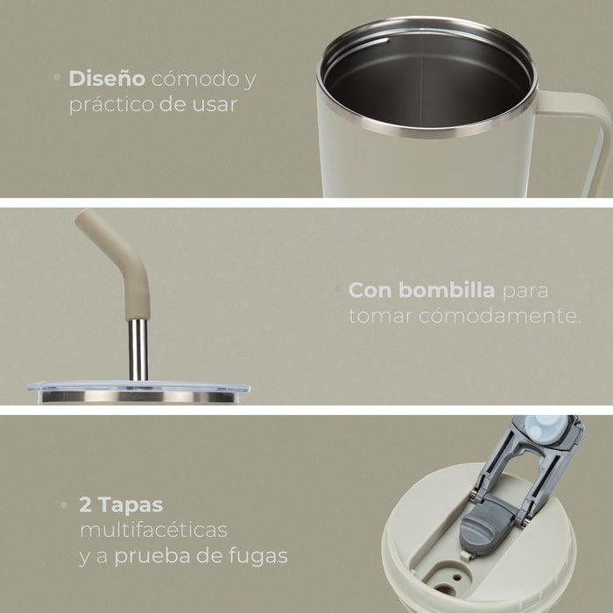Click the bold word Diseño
coord(107,79)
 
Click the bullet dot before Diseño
coord(57,78)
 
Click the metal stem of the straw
coord(138,349)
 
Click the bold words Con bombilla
coord(422,290)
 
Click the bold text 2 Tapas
coord(121,505)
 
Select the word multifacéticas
coord(153,531)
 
